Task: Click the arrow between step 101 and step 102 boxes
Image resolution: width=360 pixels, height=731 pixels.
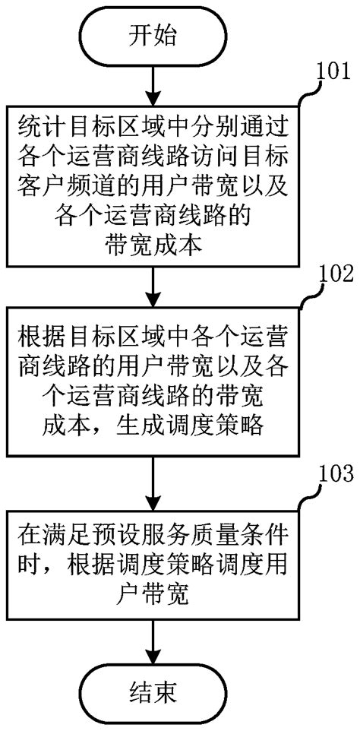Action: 153,283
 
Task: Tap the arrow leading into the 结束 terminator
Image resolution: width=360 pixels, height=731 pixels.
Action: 153,643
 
